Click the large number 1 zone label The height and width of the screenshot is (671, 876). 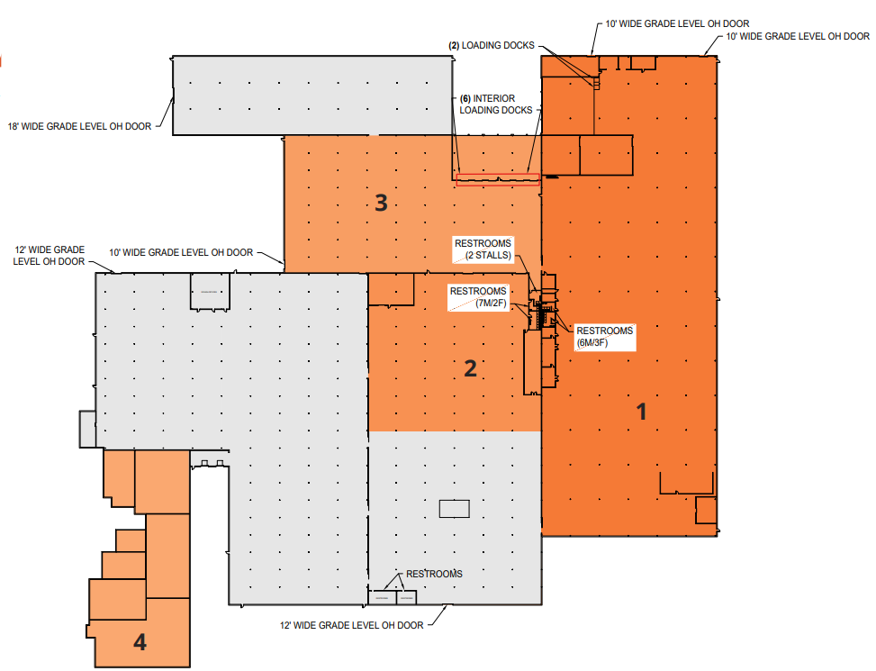(641, 412)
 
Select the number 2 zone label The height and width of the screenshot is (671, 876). (469, 367)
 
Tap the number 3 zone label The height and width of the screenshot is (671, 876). (381, 203)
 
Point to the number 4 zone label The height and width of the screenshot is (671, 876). (140, 642)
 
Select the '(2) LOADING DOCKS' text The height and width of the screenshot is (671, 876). (492, 45)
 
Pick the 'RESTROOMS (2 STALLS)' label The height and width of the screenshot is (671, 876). (483, 249)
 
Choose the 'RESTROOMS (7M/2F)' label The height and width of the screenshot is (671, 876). (480, 297)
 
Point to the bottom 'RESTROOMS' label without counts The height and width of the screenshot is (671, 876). (434, 574)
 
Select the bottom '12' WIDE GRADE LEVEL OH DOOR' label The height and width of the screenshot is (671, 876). (351, 625)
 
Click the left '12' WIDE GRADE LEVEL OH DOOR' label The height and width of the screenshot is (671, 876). (50, 255)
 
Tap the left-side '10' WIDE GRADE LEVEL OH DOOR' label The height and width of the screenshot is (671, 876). (181, 253)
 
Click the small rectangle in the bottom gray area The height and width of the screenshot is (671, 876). (454, 509)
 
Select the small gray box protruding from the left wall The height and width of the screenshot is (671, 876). (87, 429)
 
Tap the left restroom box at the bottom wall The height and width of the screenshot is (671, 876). (382, 597)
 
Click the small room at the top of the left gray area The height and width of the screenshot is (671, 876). (209, 292)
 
